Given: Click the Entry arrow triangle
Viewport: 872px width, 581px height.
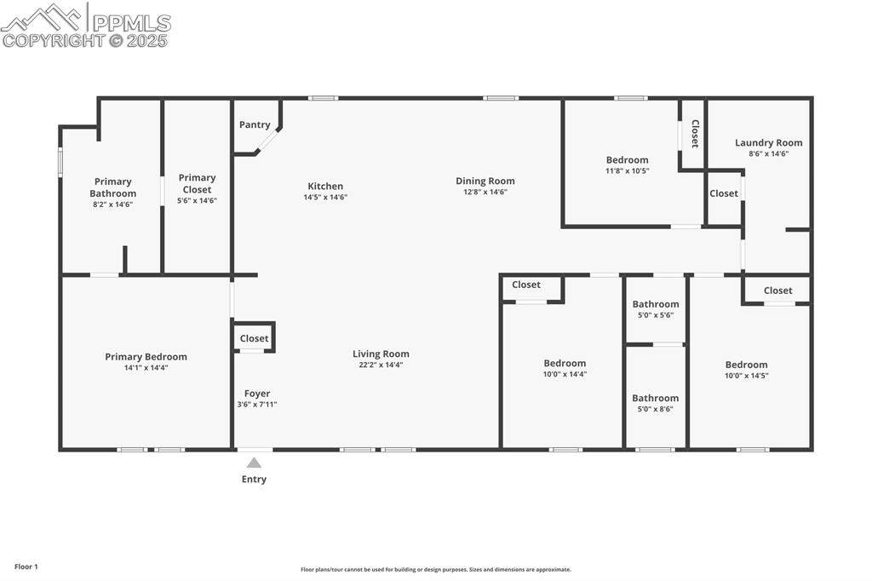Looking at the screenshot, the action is [x=254, y=463].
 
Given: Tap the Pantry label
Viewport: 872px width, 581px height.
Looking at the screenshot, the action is [x=255, y=124].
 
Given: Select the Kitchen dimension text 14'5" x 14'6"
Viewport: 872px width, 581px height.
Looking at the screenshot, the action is [x=325, y=197].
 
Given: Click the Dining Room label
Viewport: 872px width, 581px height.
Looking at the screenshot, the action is [x=485, y=181].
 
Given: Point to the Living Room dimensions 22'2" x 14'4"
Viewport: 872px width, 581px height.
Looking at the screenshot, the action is [x=381, y=365].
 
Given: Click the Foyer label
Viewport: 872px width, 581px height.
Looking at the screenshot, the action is [x=257, y=394].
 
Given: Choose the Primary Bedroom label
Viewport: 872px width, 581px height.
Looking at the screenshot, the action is [x=146, y=357].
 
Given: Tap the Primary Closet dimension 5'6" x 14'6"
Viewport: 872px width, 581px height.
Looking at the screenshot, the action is [x=197, y=200].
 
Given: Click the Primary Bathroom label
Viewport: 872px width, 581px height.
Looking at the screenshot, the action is [x=113, y=187].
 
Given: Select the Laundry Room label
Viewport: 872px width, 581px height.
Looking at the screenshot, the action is [x=769, y=143].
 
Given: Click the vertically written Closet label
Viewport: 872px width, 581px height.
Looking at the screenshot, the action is [x=695, y=134].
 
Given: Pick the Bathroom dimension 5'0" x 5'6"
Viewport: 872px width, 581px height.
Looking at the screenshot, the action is [x=656, y=315].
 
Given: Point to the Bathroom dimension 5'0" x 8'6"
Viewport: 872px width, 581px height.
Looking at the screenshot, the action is [x=655, y=409].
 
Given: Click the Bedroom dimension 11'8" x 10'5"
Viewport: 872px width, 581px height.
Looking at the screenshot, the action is [x=628, y=171].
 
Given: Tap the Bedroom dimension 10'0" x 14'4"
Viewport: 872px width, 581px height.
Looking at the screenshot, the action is [x=565, y=374].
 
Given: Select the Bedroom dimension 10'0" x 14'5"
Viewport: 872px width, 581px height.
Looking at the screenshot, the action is [x=746, y=375].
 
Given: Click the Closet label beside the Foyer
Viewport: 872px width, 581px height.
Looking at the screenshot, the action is [x=254, y=338].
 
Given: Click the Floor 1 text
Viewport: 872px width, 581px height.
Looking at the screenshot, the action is [x=26, y=567].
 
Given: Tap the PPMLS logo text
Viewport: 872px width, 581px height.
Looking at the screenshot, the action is [x=131, y=23].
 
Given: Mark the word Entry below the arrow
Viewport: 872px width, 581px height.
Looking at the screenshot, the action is [x=254, y=479].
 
